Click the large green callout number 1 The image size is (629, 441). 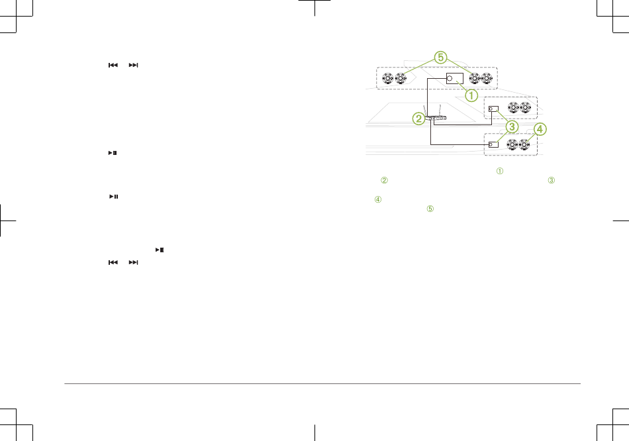(x=471, y=95)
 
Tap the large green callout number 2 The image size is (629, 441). (x=419, y=119)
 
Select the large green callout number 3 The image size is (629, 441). (x=512, y=126)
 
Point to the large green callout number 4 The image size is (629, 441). (x=540, y=129)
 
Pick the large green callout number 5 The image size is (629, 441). (x=440, y=58)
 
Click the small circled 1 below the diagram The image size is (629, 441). (x=500, y=171)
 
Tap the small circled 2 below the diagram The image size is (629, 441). (x=384, y=180)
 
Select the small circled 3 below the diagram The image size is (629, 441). (x=552, y=180)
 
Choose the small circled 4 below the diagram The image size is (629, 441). (x=378, y=199)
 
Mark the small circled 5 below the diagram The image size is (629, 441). (x=430, y=209)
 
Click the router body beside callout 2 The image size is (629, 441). (x=435, y=118)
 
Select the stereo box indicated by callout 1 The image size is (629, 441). (x=455, y=78)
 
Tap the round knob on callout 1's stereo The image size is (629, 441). (x=450, y=78)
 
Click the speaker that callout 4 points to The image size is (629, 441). (x=524, y=144)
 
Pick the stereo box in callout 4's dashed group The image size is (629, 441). (x=493, y=144)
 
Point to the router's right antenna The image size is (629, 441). (x=440, y=111)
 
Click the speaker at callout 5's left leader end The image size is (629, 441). (x=401, y=78)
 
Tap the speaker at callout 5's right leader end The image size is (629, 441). (x=475, y=78)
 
